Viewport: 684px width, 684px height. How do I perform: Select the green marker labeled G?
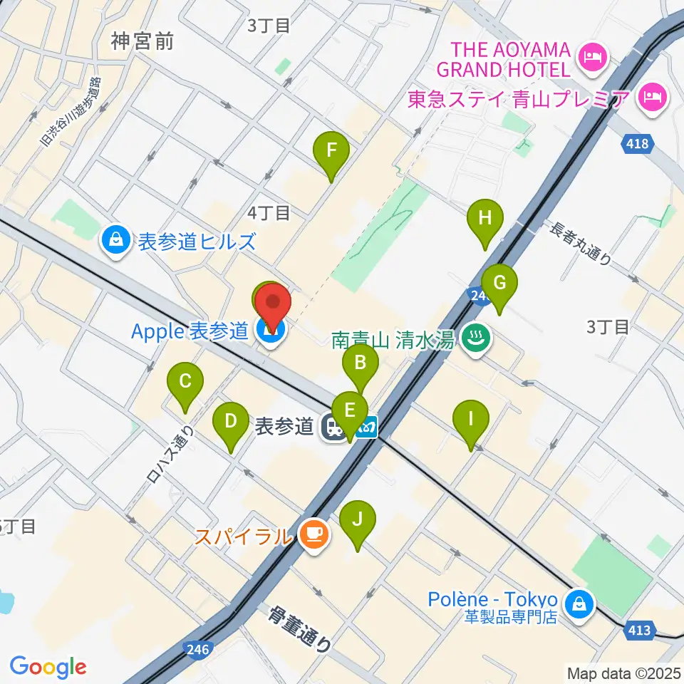[x=499, y=284]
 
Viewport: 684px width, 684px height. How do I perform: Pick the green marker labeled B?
[x=361, y=364]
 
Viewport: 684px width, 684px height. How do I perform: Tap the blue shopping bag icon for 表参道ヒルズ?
[x=115, y=241]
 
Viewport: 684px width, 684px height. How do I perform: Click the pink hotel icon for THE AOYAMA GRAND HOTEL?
[x=592, y=56]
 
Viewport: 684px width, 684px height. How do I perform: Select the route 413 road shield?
[x=639, y=629]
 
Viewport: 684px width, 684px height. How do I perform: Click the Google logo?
[x=48, y=667]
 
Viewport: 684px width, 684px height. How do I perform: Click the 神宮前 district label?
[x=142, y=42]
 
